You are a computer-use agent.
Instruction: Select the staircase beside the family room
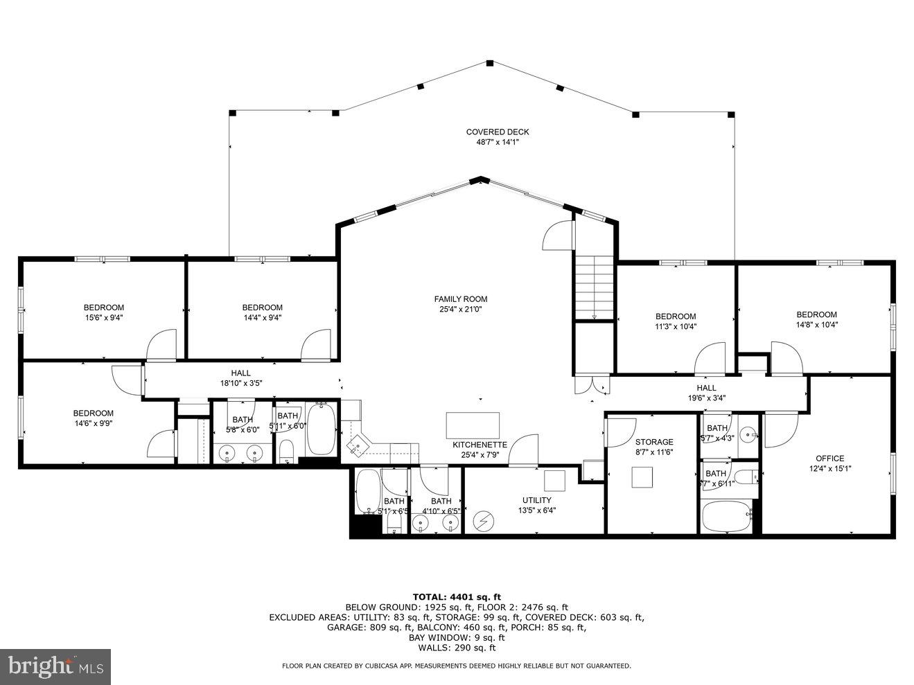coord(594,287)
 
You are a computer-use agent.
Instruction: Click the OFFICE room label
coord(829,458)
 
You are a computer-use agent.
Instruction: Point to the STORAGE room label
coord(654,442)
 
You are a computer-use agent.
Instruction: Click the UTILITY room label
coord(536,500)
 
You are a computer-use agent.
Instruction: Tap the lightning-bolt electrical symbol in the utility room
coord(482,520)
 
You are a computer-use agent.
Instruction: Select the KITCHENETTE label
coord(480,445)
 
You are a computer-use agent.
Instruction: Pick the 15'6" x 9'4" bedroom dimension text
coord(104,318)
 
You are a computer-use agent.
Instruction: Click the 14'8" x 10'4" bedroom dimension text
coord(816,324)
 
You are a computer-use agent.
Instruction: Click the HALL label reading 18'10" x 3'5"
coord(240,373)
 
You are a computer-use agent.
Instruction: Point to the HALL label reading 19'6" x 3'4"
coord(706,388)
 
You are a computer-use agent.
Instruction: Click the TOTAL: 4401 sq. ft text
coord(457,596)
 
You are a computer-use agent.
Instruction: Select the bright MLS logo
coord(55,666)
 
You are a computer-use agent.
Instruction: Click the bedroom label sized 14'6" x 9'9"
coord(93,413)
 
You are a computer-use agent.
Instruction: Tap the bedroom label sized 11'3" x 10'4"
coord(675,317)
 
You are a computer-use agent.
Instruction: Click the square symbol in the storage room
coord(642,478)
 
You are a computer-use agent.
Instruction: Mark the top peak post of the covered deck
coord(489,64)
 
